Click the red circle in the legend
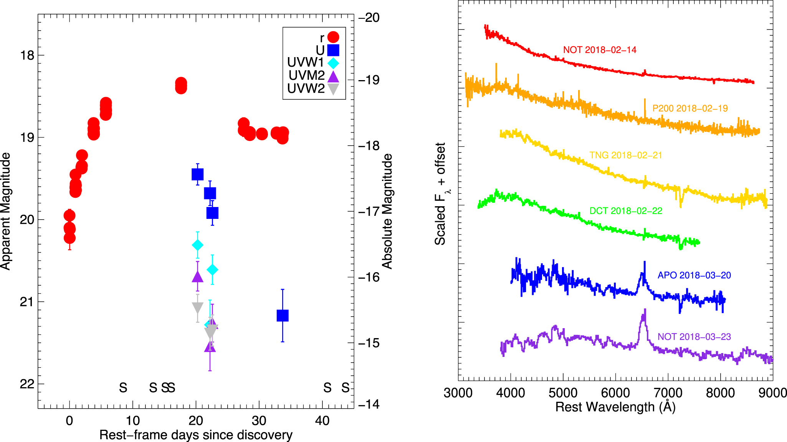pos(333,37)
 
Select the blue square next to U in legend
pos(333,50)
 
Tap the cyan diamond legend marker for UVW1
pos(333,63)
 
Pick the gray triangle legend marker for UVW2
pos(333,89)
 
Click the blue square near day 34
pos(283,315)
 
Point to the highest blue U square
pos(197,174)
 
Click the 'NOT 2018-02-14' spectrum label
pos(600,50)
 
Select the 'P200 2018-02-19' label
pos(690,108)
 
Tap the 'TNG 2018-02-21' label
pos(626,155)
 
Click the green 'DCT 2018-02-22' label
pos(626,211)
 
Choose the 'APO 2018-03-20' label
pos(694,275)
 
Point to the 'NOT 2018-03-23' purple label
pos(694,337)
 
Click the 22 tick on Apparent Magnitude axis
pos(27,384)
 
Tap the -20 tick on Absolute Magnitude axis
pos(369,18)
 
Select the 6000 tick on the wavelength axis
pos(615,393)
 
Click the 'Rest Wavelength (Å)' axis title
pos(615,407)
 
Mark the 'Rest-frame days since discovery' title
pos(196,435)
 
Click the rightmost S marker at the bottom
pos(346,388)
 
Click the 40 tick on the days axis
pos(322,421)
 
